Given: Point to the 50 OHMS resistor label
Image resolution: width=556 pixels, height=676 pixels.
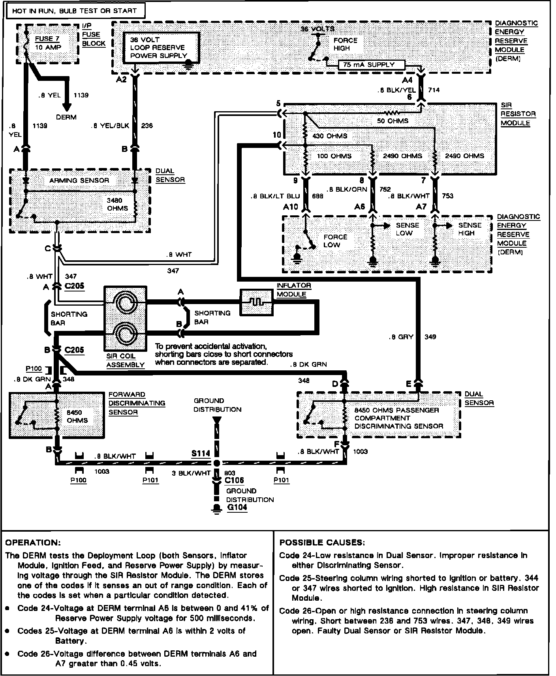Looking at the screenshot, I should tap(393, 121).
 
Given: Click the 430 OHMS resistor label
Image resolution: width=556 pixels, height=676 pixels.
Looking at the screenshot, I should tap(330, 136).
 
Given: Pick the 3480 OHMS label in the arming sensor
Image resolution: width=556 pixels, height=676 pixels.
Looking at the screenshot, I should tap(117, 204).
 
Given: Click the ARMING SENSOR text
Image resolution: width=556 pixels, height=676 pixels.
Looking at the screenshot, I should tap(79, 180).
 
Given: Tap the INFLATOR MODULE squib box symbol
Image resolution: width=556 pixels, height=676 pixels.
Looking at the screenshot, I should tap(256, 302).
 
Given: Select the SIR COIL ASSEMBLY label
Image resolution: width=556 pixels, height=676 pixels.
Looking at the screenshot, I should tap(125, 360).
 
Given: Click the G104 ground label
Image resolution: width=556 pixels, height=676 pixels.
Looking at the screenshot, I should tap(237, 507).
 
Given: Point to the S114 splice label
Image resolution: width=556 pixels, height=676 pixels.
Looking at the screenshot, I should tap(201, 454).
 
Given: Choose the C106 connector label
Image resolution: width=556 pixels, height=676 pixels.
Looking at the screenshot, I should tap(234, 480).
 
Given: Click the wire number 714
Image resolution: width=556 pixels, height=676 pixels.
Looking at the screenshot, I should tap(434, 90).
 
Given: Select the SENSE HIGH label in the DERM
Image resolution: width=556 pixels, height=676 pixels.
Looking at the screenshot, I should tap(470, 229).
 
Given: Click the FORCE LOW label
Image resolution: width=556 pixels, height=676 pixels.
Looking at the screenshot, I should tap(335, 241).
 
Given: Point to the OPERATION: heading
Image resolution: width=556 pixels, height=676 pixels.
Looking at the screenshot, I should tap(33, 543).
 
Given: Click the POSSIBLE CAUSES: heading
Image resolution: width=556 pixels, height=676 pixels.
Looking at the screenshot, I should tap(322, 542).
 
